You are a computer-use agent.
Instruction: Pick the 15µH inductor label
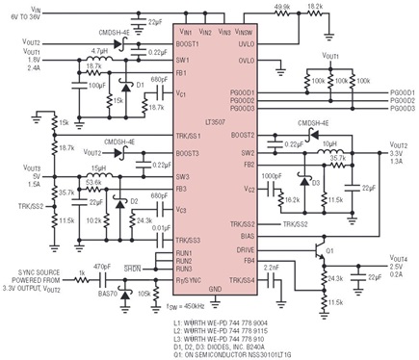tap(99, 167)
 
